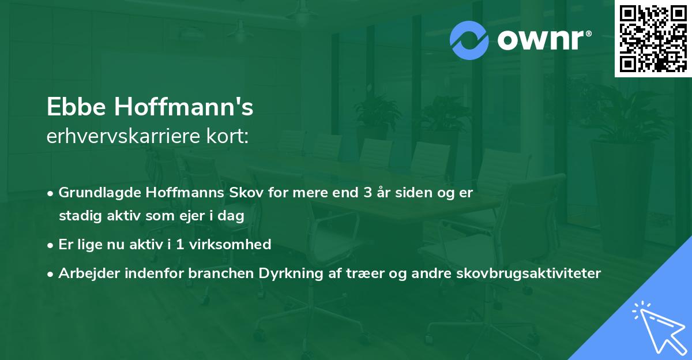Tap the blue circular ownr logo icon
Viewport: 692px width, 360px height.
pyautogui.click(x=469, y=40)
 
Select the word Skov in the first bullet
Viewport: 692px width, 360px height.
pyautogui.click(x=222, y=193)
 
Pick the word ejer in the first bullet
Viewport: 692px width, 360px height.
pyautogui.click(x=190, y=216)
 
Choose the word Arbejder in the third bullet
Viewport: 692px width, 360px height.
pyautogui.click(x=85, y=273)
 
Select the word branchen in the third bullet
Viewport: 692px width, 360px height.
pyautogui.click(x=211, y=273)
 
